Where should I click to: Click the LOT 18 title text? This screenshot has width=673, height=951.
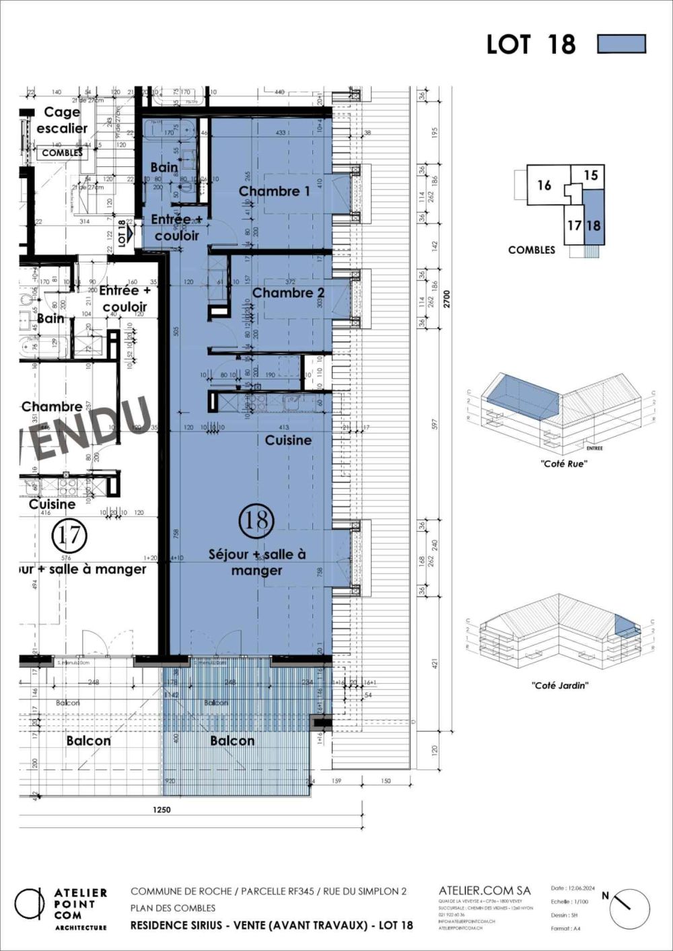(x=531, y=44)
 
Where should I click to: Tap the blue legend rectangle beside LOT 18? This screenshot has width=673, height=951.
(x=621, y=44)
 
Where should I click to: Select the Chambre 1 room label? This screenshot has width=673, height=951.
(x=274, y=191)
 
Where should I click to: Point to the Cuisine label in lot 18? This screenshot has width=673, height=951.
(x=288, y=440)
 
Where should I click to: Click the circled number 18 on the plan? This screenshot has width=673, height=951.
(x=256, y=520)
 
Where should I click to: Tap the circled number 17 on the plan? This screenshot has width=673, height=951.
(x=69, y=536)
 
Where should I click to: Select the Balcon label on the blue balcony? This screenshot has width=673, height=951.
(x=232, y=740)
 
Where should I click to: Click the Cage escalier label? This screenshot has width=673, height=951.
(x=62, y=120)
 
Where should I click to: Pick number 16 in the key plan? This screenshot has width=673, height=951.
(x=544, y=185)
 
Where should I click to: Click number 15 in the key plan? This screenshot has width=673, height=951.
(x=590, y=176)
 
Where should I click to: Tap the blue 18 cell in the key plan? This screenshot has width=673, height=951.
(x=593, y=225)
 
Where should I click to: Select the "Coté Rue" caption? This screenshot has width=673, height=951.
(x=563, y=464)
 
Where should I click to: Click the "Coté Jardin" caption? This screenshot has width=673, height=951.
(x=560, y=685)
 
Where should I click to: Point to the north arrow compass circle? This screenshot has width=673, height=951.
(x=630, y=909)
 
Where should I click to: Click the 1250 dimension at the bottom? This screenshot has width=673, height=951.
(x=162, y=810)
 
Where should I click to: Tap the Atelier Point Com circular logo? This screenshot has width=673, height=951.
(x=30, y=904)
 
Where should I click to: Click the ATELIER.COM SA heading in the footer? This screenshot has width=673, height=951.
(x=485, y=890)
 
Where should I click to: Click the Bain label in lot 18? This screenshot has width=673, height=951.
(x=164, y=167)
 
